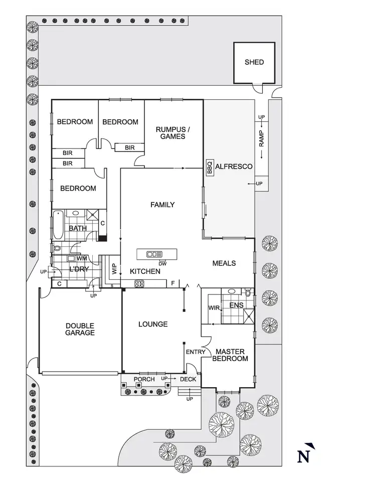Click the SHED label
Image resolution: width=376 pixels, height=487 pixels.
254,62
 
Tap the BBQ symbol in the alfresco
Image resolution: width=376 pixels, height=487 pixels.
210,168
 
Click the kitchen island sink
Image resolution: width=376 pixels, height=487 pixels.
154,254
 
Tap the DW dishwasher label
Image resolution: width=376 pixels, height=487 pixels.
162,263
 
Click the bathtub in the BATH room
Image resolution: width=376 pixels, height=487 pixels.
58,226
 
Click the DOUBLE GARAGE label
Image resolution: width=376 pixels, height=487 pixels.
80,329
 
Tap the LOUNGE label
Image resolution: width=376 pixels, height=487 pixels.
153,324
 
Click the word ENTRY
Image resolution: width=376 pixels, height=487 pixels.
195,352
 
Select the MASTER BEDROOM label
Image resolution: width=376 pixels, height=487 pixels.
230,355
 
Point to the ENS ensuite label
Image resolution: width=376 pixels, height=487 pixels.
236,305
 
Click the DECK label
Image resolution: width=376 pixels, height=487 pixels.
188,379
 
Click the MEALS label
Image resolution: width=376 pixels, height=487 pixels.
224,263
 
